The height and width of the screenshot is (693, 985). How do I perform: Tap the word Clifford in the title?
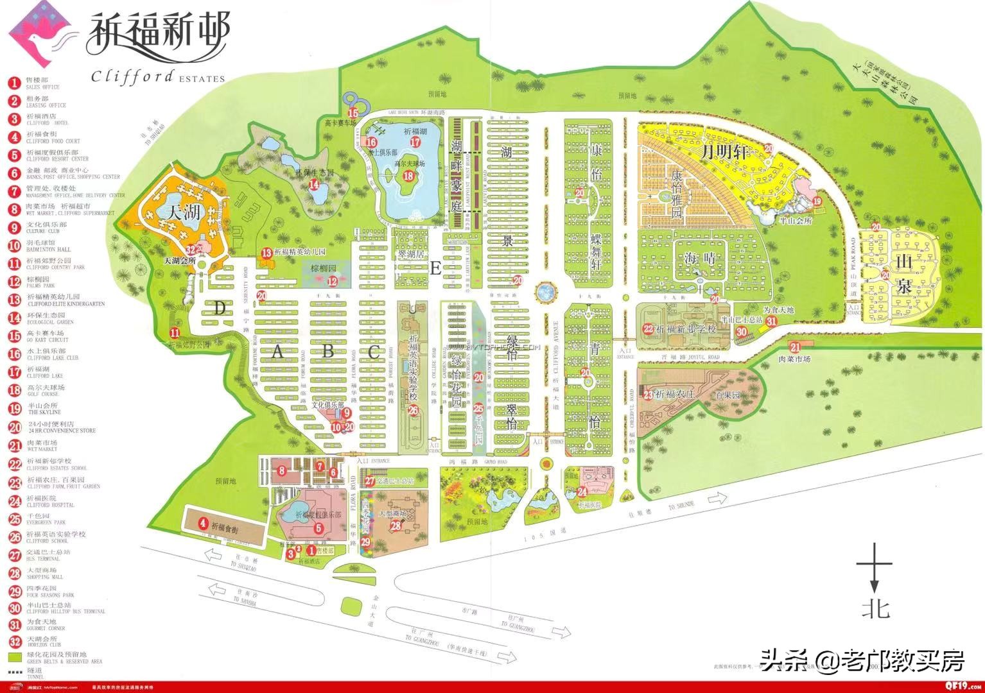132,76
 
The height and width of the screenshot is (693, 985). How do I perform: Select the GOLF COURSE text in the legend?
44,395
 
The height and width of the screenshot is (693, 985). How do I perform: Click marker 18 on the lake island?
408,176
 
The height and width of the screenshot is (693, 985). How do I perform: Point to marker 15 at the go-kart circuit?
353,113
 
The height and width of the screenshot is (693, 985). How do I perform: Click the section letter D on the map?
220,309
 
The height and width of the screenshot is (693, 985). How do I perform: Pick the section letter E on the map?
435,269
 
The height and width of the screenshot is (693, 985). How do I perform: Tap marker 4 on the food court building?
203,523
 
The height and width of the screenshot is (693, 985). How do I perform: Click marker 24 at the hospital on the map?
582,492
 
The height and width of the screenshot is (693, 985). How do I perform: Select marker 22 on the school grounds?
649,329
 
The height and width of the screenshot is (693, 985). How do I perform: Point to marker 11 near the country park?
175,332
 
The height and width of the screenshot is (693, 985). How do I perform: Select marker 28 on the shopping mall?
396,526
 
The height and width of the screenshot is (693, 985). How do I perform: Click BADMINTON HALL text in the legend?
49,250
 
